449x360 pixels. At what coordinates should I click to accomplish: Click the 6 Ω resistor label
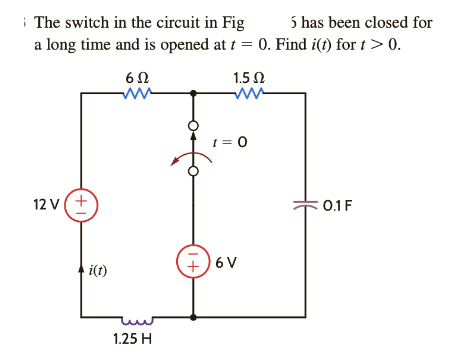pos(136,78)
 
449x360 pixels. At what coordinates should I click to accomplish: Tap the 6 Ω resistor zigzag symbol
pos(135,95)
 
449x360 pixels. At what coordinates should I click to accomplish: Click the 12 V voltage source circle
pos(81,205)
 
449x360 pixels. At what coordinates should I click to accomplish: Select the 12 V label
pos(46,205)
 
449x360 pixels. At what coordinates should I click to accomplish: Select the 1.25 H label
pos(132,339)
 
